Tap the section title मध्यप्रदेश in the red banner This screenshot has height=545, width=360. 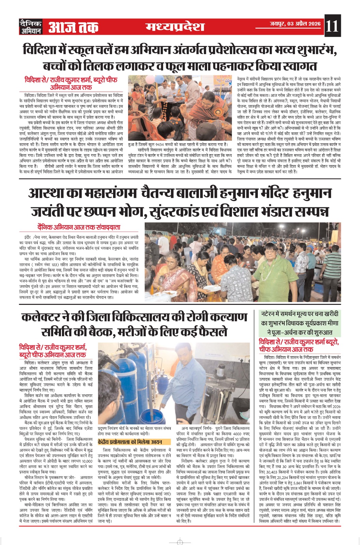(x=175, y=27)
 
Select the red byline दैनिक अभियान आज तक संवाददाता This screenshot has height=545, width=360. (x=79, y=227)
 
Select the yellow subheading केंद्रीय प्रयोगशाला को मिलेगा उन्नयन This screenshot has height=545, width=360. (x=129, y=442)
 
